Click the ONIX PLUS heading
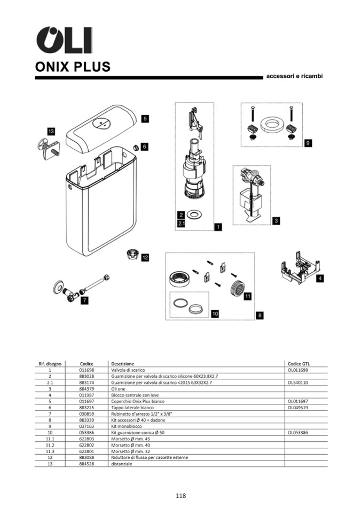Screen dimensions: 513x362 point(73,67)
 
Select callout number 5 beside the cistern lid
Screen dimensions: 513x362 point(145,119)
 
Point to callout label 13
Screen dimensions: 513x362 point(51,131)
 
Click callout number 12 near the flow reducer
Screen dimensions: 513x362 point(145,257)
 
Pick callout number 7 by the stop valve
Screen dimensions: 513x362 point(84,301)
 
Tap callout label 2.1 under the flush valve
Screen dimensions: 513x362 point(181,223)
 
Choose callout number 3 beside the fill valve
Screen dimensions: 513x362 point(276,220)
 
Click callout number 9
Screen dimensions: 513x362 point(308,143)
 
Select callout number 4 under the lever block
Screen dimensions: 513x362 point(319,279)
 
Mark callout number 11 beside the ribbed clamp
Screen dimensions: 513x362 point(247,296)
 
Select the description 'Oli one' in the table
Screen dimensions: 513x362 point(118,389)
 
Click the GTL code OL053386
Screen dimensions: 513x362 point(298,432)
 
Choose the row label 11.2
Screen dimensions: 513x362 point(50,445)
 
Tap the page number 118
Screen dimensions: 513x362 point(180,496)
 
